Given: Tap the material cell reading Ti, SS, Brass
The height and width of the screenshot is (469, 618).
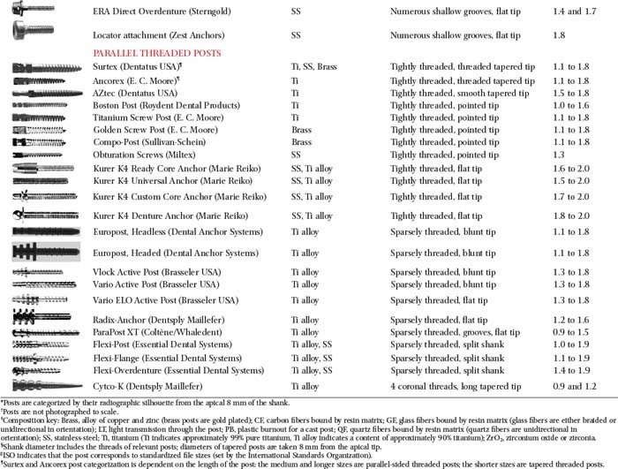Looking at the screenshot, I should click(x=316, y=67).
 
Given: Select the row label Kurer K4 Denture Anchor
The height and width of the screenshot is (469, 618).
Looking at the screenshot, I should click(x=155, y=215).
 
